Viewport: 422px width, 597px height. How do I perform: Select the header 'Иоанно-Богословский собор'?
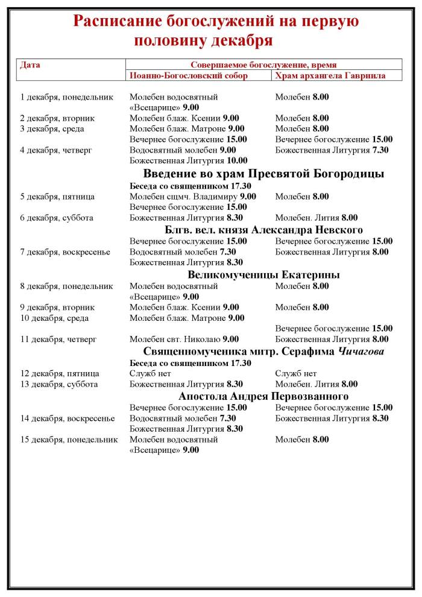pyautogui.click(x=188, y=75)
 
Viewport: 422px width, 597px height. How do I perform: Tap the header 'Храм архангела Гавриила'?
pyautogui.click(x=330, y=75)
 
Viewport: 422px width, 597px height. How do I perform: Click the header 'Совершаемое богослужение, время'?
pyautogui.click(x=263, y=65)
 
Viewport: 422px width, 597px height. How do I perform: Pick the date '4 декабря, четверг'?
pyautogui.click(x=56, y=150)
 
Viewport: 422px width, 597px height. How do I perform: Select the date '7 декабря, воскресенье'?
pyautogui.click(x=65, y=252)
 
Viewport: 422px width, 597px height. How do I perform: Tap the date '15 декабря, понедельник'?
pyautogui.click(x=69, y=440)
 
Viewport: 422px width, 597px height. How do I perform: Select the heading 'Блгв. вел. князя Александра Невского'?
pyautogui.click(x=263, y=230)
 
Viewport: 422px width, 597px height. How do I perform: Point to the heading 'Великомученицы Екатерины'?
pyautogui.click(x=263, y=274)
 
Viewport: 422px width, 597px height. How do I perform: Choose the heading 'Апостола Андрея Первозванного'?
pyautogui.click(x=263, y=396)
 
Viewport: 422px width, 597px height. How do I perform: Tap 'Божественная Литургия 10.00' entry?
pyautogui.click(x=189, y=160)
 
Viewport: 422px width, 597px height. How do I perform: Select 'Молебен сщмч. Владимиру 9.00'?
pyautogui.click(x=193, y=197)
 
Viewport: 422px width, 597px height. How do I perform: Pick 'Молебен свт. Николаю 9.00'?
pyautogui.click(x=184, y=340)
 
